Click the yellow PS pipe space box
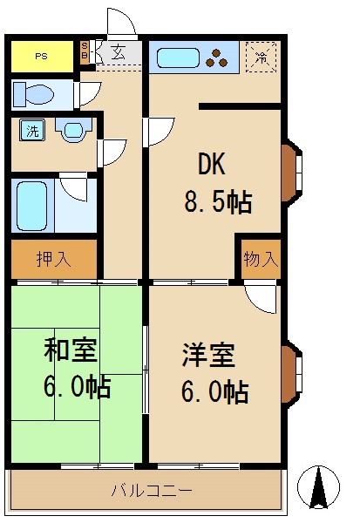click(42, 57)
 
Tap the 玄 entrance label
click(118, 52)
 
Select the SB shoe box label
click(85, 51)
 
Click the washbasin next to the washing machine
click(71, 132)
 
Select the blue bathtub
click(32, 206)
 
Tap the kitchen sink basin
click(179, 59)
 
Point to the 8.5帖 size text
click(217, 202)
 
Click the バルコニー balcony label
click(151, 490)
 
